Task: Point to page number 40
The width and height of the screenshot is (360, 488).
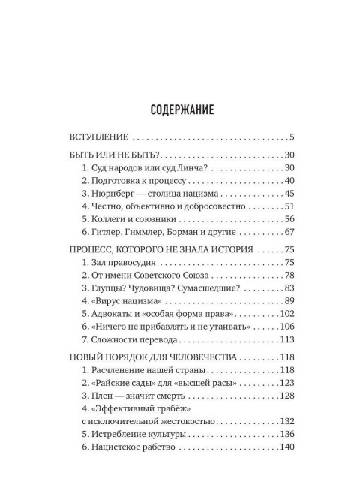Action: (x=289, y=182)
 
